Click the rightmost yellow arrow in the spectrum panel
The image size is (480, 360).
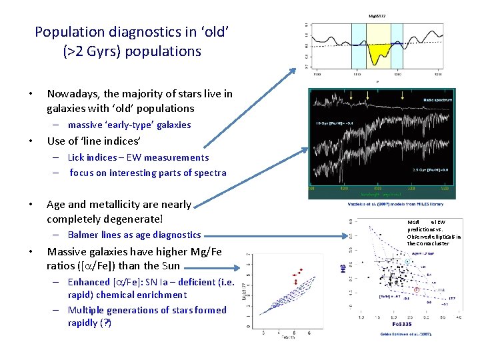[402, 96]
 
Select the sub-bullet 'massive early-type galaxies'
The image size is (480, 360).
[129, 125]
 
